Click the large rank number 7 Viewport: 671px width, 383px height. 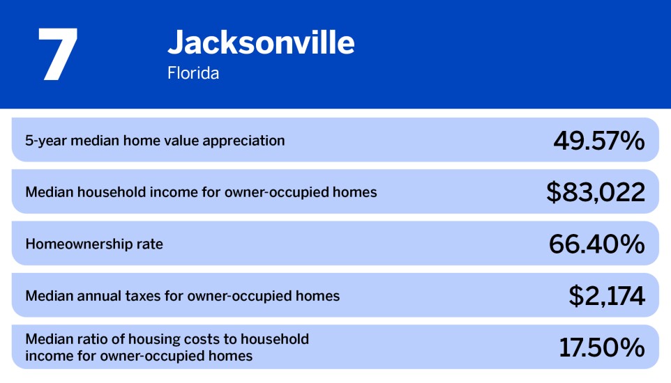(x=57, y=54)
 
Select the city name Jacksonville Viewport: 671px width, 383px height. (x=261, y=43)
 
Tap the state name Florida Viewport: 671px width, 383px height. (x=193, y=73)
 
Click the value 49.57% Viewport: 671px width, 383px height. (x=598, y=141)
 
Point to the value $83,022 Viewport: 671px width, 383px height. (x=595, y=192)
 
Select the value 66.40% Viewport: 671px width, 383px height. (x=596, y=244)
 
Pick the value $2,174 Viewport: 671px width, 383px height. (x=606, y=296)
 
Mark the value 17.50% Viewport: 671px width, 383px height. (x=601, y=347)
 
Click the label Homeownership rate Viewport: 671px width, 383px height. (x=94, y=244)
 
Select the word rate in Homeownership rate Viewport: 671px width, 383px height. (x=149, y=244)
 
